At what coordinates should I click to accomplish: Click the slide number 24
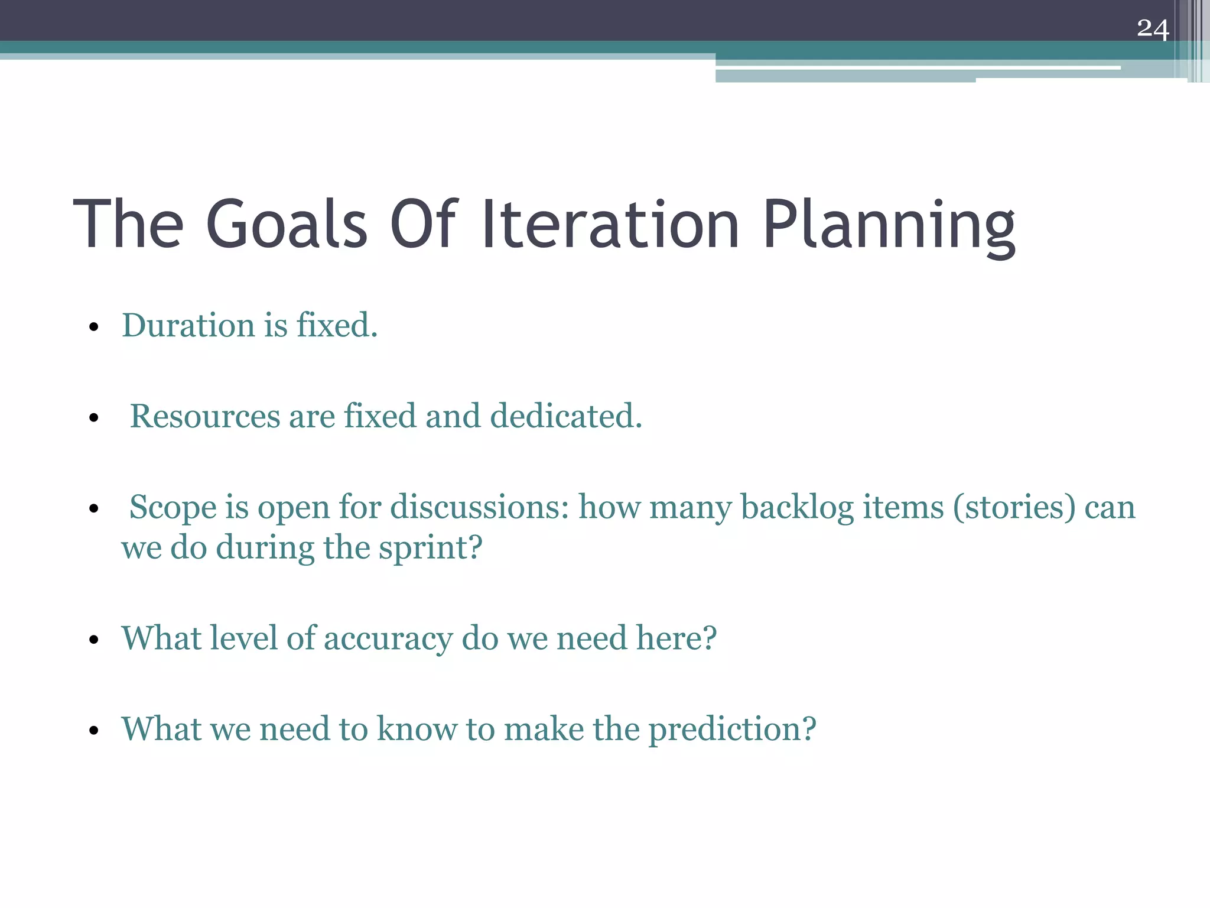[1152, 28]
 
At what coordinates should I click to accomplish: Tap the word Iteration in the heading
[610, 225]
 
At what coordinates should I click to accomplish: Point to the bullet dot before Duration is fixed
[93, 327]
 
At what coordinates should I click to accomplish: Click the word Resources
[204, 416]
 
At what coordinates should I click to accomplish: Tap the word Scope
[173, 508]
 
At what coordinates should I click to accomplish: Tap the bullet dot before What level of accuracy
[93, 640]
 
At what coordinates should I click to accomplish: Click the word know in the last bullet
[417, 728]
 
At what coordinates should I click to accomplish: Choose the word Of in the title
[422, 225]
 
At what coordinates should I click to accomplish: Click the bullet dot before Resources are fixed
[93, 418]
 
